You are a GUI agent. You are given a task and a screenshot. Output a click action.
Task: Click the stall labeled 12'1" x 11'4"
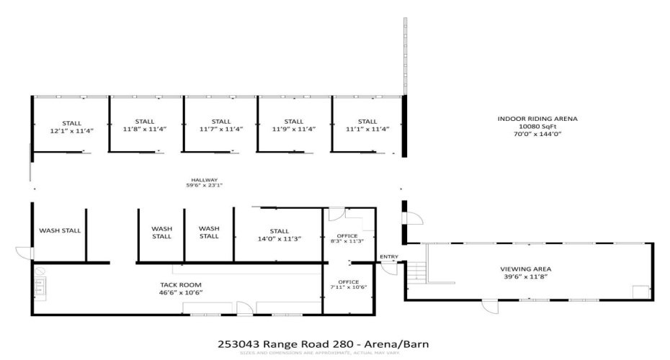point(71,127)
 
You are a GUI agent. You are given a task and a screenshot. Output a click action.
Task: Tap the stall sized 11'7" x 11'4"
point(221,125)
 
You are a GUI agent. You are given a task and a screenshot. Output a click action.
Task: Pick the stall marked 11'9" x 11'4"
point(293,125)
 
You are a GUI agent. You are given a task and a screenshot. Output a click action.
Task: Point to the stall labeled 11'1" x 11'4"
point(367,125)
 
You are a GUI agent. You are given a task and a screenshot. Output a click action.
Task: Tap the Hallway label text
point(204,183)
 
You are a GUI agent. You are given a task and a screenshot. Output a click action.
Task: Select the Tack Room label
point(179,289)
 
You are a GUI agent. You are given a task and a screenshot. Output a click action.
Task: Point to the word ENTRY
point(388,257)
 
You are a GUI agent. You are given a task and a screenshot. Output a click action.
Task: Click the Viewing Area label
point(526,272)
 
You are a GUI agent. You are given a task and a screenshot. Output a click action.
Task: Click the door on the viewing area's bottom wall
point(491,305)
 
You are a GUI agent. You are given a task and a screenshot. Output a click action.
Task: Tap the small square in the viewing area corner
point(638,292)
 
